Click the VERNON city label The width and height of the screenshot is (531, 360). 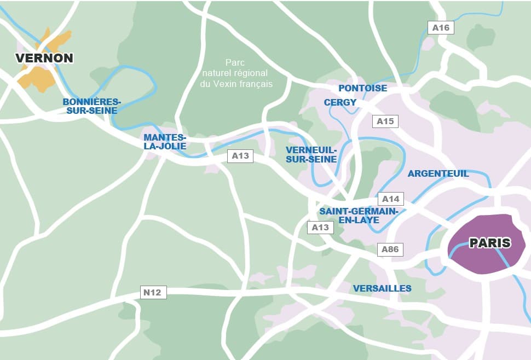[44, 58]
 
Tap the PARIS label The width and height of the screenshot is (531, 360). [489, 243]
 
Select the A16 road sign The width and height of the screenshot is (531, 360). [441, 28]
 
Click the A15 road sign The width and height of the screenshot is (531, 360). [385, 121]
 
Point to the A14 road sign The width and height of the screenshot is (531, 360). [391, 199]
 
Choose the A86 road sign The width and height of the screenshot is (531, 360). [390, 249]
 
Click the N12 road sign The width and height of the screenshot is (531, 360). [152, 293]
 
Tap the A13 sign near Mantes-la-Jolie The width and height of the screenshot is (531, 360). [240, 156]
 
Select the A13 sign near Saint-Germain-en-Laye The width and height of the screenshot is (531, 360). [320, 227]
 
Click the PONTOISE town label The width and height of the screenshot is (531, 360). [362, 88]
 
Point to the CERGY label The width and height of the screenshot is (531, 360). [340, 102]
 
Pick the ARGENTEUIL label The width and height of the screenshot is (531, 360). [438, 173]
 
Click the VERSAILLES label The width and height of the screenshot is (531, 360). [382, 288]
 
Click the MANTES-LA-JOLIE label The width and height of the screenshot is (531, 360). [165, 142]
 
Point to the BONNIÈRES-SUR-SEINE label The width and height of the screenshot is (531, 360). [91, 106]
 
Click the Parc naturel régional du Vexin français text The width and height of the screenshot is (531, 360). [236, 73]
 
